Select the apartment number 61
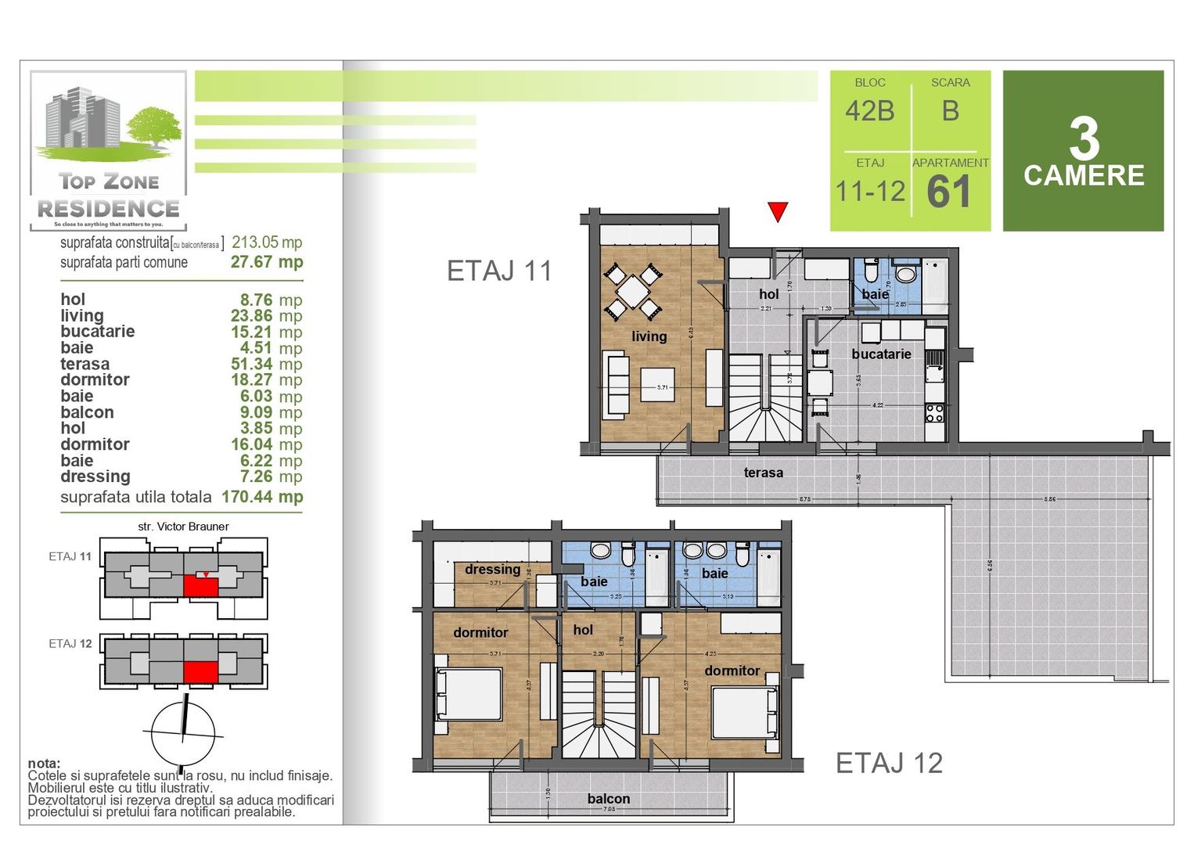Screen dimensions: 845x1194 [x=949, y=192]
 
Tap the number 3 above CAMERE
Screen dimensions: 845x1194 [x=1084, y=139]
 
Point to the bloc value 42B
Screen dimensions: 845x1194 [x=869, y=111]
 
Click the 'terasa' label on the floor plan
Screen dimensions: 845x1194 [x=763, y=473]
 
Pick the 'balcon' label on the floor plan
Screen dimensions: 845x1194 [x=608, y=799]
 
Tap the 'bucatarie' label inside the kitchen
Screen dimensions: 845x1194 [x=881, y=354]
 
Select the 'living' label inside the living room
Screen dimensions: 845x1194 [x=649, y=336]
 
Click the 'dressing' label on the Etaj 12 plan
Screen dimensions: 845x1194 [x=492, y=570]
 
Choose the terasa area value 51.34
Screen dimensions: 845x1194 [x=251, y=364]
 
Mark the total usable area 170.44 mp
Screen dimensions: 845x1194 [x=262, y=497]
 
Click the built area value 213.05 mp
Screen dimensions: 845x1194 [x=267, y=243]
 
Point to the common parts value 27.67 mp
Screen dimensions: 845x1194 [x=267, y=262]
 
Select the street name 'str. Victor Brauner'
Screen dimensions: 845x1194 [x=183, y=527]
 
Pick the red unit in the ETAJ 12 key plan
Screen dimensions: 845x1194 [x=201, y=672]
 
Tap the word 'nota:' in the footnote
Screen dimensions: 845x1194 [x=44, y=764]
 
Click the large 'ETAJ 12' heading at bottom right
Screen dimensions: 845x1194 [x=889, y=763]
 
